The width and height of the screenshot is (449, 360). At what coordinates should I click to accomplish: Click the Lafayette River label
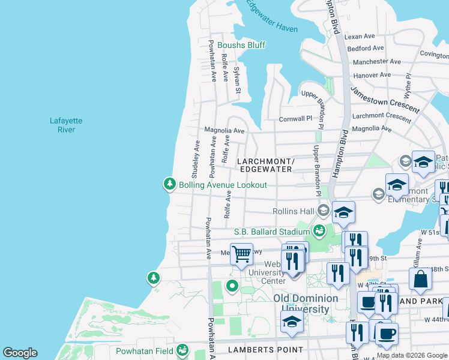pyautogui.click(x=66, y=125)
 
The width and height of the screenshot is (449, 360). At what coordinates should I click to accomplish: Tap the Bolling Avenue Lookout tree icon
pyautogui.click(x=170, y=184)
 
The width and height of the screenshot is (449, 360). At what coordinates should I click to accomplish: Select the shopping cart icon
pyautogui.click(x=241, y=253)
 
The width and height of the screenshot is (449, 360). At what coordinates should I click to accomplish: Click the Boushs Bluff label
pyautogui.click(x=241, y=45)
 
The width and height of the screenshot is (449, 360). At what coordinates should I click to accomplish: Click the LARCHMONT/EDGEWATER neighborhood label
pyautogui.click(x=265, y=166)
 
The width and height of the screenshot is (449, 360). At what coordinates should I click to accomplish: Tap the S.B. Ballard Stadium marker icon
pyautogui.click(x=319, y=231)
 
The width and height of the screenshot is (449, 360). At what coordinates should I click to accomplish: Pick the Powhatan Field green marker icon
pyautogui.click(x=182, y=350)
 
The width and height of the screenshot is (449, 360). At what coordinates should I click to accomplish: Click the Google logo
pyautogui.click(x=20, y=353)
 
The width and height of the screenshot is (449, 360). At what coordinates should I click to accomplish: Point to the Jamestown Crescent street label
pyautogui.click(x=385, y=100)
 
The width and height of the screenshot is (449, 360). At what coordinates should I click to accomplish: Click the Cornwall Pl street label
pyautogui.click(x=295, y=119)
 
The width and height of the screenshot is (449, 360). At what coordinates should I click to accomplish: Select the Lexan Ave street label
pyautogui.click(x=360, y=37)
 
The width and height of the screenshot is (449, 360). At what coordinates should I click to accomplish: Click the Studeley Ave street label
pyautogui.click(x=196, y=155)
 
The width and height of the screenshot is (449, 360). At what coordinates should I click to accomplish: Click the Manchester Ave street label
pyautogui.click(x=376, y=62)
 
